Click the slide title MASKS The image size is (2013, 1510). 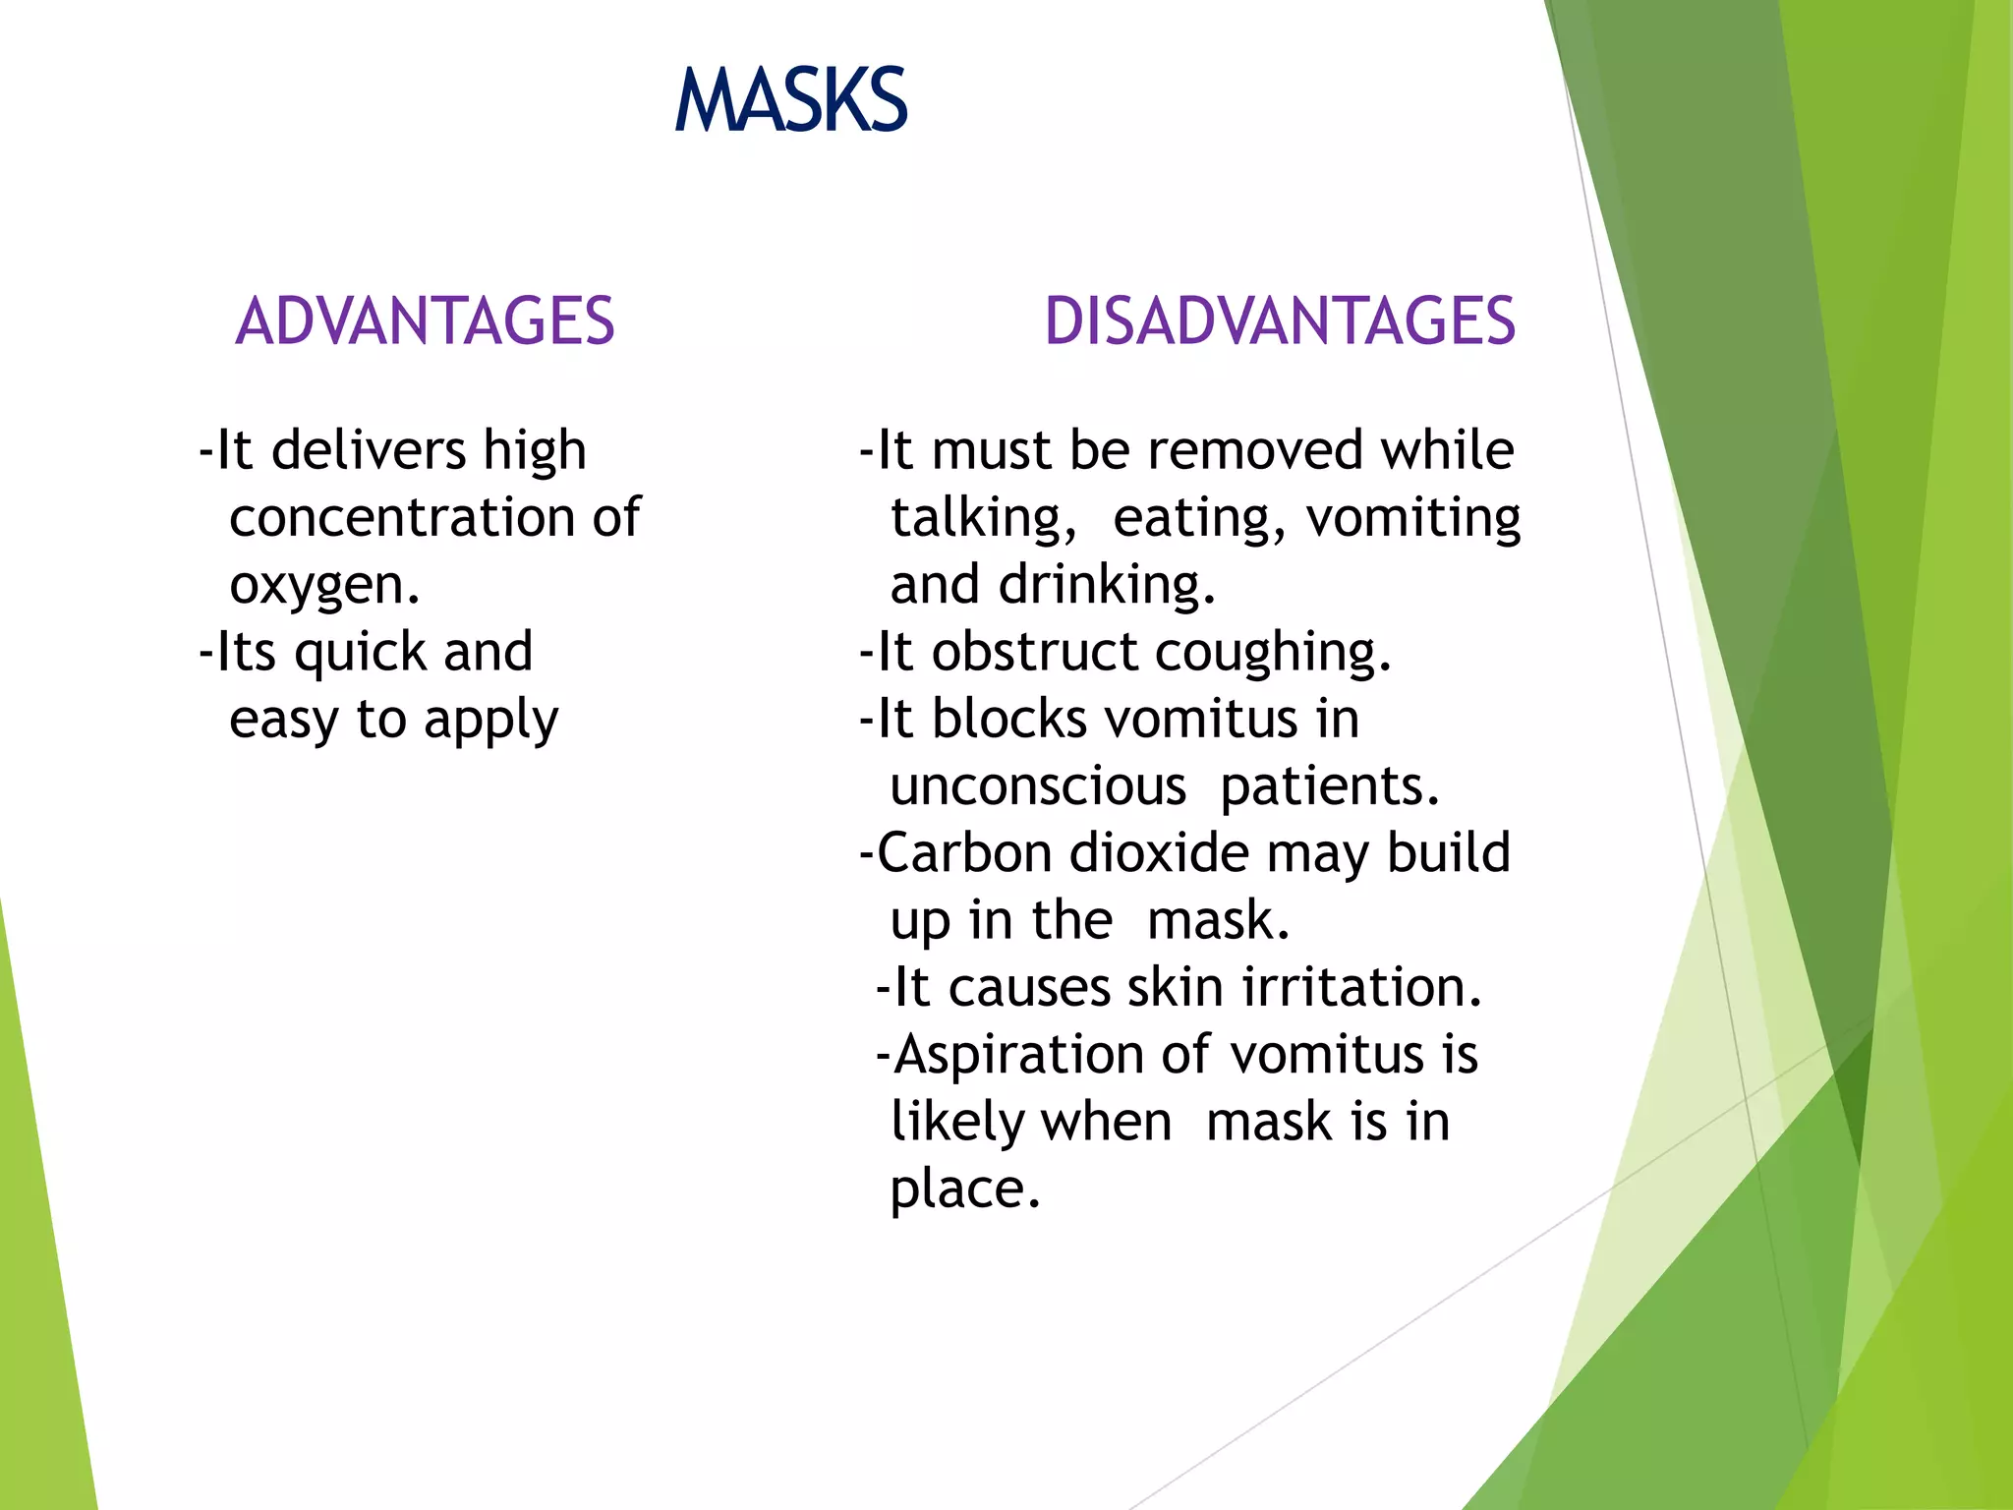coord(791,100)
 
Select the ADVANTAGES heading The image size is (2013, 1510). coord(425,321)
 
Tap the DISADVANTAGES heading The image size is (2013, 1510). coord(1280,321)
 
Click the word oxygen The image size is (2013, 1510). coord(323,587)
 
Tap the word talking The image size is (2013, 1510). coord(982,518)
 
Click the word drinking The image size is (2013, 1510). coord(1106,585)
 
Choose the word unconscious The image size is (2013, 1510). coord(1038,786)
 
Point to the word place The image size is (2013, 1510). coord(963,1190)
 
